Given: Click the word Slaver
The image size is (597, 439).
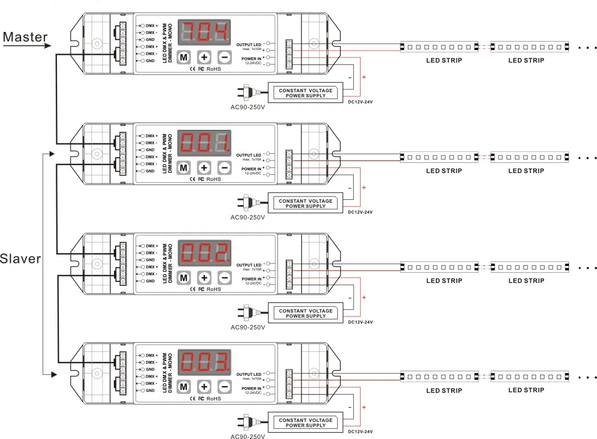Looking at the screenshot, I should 21,259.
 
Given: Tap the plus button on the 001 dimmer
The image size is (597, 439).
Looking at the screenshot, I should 204,167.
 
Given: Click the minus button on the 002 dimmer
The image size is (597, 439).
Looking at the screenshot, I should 224,277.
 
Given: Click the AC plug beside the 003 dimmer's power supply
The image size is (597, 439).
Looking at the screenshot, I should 249,423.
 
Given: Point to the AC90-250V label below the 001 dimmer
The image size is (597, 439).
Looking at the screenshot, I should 248,217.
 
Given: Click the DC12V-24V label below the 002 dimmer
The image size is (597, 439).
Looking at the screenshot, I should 360,322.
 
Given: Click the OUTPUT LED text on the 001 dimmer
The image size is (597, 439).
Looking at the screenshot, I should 248,155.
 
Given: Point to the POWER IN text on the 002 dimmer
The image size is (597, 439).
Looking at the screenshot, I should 251,279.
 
